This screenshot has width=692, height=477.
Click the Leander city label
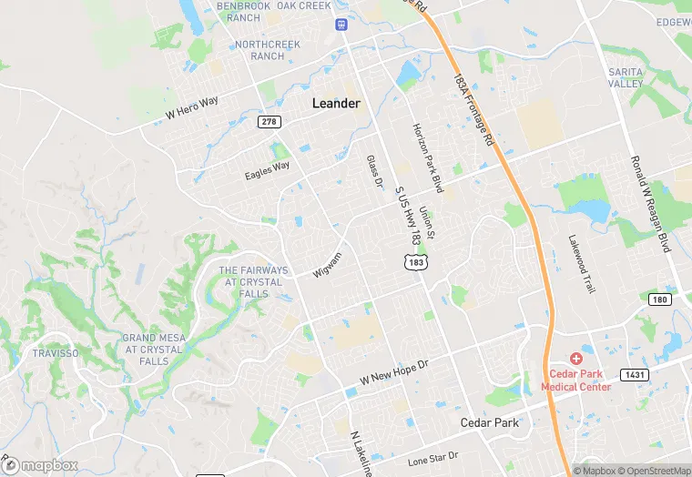click(336, 103)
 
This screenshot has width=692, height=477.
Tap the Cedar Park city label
click(489, 422)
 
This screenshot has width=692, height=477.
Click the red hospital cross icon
click(575, 360)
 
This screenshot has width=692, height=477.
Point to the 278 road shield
click(268, 121)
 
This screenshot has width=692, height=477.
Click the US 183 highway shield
click(416, 262)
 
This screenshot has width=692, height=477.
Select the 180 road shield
click(660, 299)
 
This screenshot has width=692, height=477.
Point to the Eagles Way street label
click(267, 170)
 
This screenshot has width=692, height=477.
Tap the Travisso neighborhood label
click(56, 353)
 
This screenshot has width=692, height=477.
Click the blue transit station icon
click(341, 24)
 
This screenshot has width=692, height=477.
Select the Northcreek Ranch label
click(259, 49)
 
